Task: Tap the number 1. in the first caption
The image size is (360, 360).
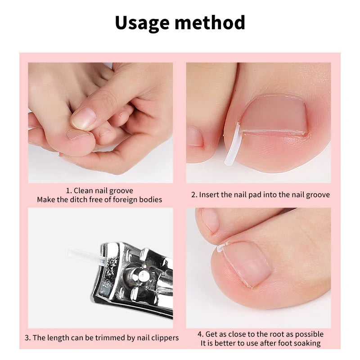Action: (68, 191)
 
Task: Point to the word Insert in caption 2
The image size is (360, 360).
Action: (209, 195)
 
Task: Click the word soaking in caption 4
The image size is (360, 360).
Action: (306, 343)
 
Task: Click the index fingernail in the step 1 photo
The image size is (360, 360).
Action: (84, 118)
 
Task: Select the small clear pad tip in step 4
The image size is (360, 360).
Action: (221, 247)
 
